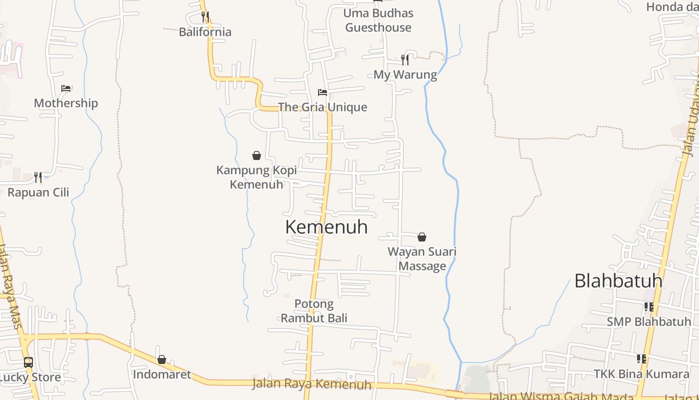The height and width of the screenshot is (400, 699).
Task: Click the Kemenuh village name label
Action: click(326, 227)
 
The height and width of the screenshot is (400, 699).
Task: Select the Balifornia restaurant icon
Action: click(205, 16)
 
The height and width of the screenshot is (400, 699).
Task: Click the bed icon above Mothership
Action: click(66, 88)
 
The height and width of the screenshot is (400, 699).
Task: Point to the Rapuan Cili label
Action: click(38, 192)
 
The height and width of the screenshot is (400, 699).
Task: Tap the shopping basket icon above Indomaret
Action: click(162, 359)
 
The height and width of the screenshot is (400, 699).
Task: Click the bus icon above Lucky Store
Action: click(28, 362)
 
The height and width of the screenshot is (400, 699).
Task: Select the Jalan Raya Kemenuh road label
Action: click(312, 384)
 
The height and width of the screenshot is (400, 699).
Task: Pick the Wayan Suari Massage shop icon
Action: click(422, 237)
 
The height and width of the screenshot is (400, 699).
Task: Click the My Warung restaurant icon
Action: click(405, 60)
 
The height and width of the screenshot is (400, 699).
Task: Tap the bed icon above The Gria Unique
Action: click(323, 92)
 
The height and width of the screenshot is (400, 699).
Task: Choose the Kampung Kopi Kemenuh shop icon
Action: click(257, 155)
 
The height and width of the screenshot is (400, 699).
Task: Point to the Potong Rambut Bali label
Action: click(314, 311)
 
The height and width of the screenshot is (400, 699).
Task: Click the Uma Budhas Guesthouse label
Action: click(378, 20)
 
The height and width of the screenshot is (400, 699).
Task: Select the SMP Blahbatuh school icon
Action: click(649, 306)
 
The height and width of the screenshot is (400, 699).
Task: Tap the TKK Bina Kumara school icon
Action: click(642, 359)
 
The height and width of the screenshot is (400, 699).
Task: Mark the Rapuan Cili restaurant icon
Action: click(38, 177)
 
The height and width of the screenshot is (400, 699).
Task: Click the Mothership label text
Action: click(66, 103)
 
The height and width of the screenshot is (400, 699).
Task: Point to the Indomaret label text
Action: click(162, 374)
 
